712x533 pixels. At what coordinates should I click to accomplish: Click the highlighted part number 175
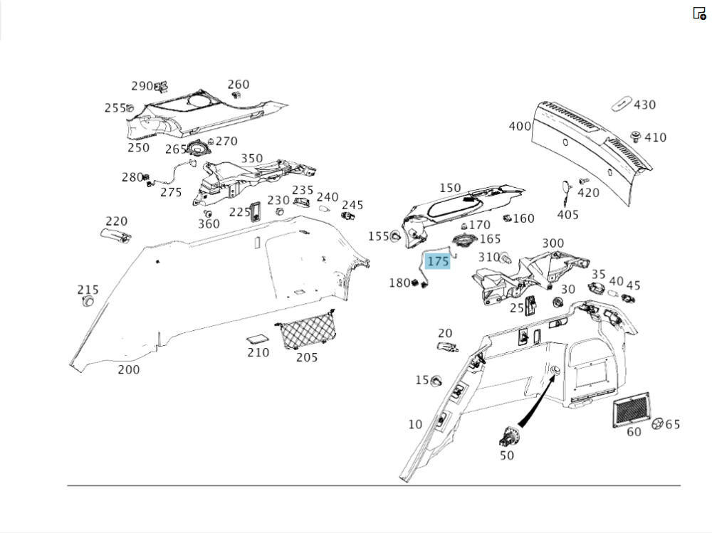click(438, 261)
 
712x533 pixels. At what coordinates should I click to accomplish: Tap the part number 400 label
click(520, 126)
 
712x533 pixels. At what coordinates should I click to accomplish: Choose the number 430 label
click(644, 105)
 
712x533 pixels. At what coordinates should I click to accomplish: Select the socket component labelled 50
click(510, 434)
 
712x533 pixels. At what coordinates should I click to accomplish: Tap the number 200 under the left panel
click(129, 369)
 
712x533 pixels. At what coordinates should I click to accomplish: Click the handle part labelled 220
click(116, 236)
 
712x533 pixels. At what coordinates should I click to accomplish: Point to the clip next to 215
click(88, 302)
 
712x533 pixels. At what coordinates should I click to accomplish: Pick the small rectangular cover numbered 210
click(257, 339)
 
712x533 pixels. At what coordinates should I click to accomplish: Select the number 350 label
click(251, 158)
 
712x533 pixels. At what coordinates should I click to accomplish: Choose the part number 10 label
click(415, 425)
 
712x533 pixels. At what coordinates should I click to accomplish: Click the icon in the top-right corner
click(699, 13)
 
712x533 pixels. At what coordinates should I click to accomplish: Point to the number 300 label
click(553, 243)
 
